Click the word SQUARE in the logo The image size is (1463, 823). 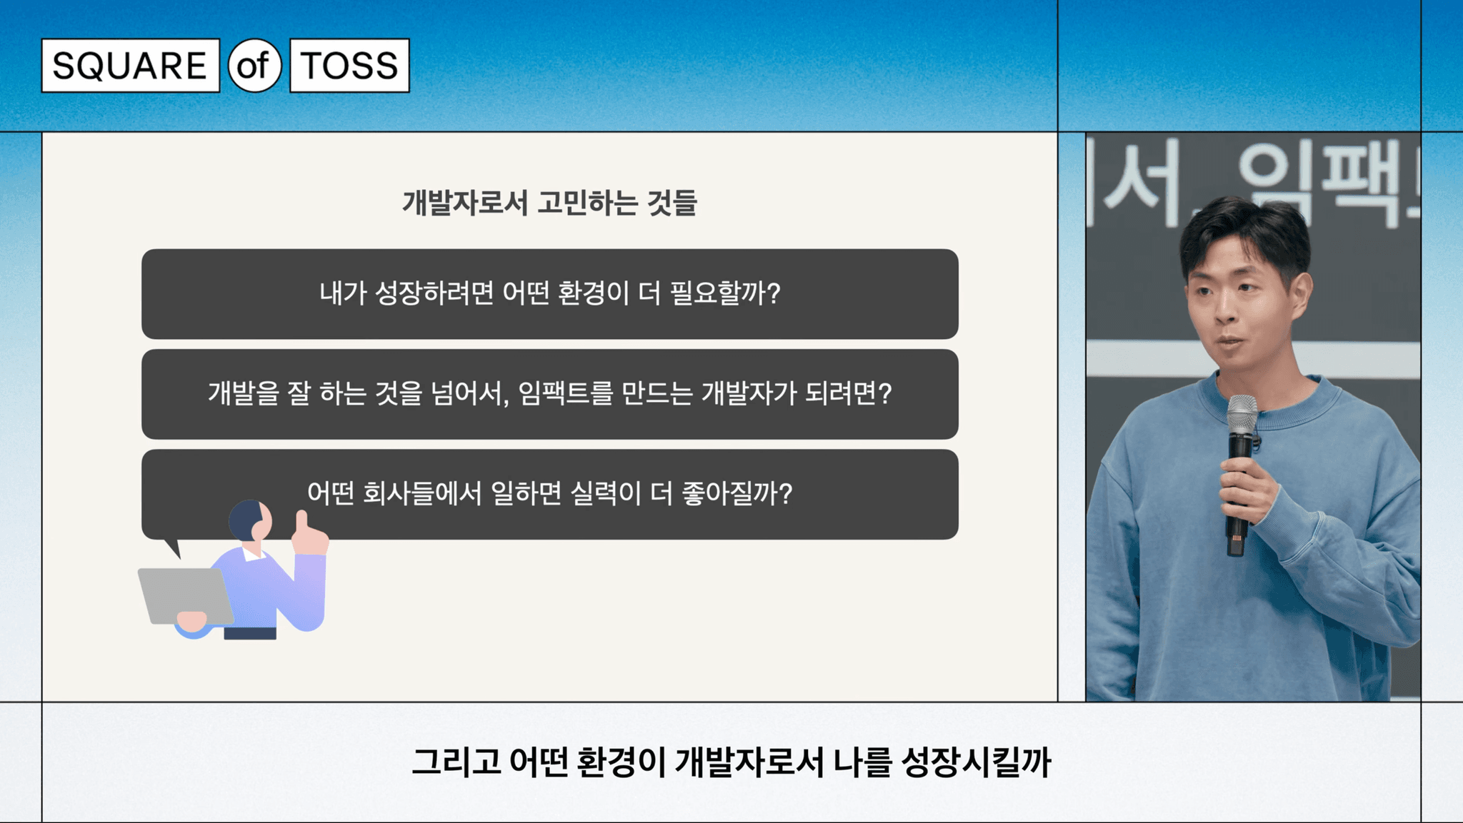(x=129, y=66)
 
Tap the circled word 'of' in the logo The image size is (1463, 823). (x=254, y=66)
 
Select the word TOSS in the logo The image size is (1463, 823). (x=349, y=66)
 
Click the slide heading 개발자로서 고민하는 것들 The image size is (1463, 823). (x=549, y=203)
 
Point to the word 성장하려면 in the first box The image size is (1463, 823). (x=434, y=293)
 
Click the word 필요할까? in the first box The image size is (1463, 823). (x=725, y=293)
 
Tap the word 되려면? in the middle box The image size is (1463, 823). (x=849, y=393)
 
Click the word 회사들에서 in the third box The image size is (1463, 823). (x=422, y=493)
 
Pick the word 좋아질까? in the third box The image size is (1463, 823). (x=737, y=493)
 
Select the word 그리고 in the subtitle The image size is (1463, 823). (x=456, y=762)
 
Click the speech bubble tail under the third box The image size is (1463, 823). (x=172, y=547)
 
